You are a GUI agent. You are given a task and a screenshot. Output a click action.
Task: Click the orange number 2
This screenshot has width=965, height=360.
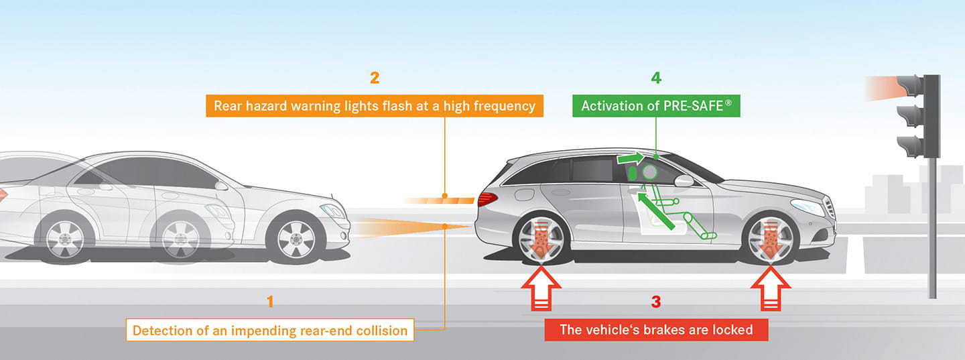pyautogui.click(x=375, y=78)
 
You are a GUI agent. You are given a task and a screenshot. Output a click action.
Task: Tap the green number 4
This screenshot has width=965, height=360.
pyautogui.click(x=656, y=78)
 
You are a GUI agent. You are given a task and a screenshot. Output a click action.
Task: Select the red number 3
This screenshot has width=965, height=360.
pyautogui.click(x=656, y=302)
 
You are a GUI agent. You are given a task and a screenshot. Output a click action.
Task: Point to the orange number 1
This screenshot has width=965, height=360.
pyautogui.click(x=270, y=302)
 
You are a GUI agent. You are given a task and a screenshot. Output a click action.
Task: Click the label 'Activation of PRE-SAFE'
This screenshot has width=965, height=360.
pyautogui.click(x=656, y=106)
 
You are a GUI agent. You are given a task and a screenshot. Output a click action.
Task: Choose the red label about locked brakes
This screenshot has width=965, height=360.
pyautogui.click(x=656, y=330)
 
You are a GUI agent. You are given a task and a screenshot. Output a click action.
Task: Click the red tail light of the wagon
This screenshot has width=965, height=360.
pyautogui.click(x=487, y=198)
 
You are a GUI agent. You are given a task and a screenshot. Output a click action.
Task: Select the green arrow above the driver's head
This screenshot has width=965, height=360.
pyautogui.click(x=631, y=159)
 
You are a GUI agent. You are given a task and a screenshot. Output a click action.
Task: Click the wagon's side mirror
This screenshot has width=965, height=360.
pyautogui.click(x=684, y=181)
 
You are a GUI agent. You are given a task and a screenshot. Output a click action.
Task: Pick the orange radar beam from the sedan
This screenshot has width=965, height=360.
pyautogui.click(x=409, y=228)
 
